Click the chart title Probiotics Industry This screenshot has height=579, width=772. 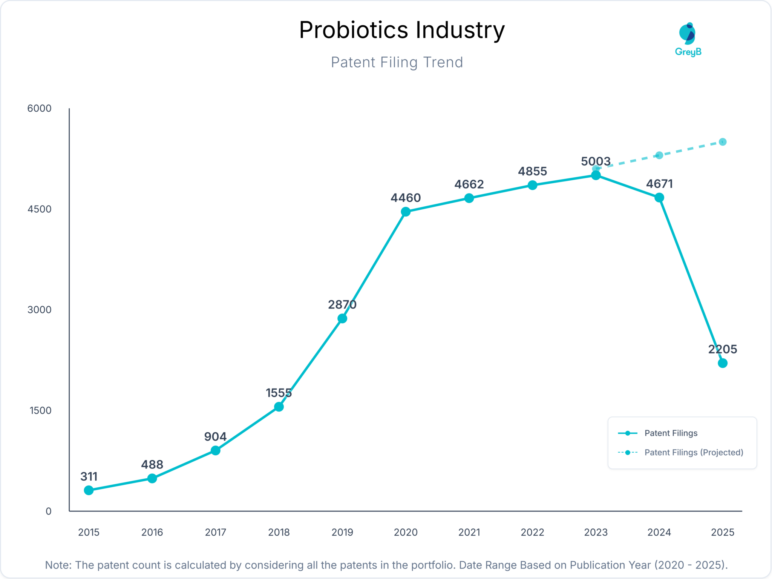pos(401,30)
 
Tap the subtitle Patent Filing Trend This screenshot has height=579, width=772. pos(397,62)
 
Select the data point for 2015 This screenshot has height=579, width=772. pos(89,490)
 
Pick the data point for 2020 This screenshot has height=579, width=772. pos(406,212)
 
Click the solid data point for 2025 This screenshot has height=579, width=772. pos(722,363)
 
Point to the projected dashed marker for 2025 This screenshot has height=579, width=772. pos(722,142)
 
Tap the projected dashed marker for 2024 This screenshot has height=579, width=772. pos(659,155)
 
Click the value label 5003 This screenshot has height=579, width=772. pos(595,161)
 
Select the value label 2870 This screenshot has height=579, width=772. pos(342,304)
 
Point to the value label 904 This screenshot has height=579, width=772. pos(215,436)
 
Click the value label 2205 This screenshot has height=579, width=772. pos(722,349)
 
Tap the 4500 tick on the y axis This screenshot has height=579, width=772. pos(39,209)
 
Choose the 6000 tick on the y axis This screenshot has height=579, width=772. pos(39,108)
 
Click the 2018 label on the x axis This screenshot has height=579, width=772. pos(279,532)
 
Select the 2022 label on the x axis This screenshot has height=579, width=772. pos(532,532)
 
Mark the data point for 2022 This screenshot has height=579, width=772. pos(532,185)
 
